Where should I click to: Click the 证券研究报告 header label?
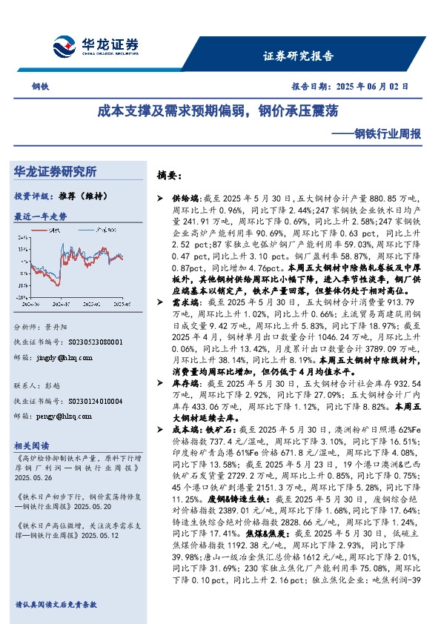click(298, 56)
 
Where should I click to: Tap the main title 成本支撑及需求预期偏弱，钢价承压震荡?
click(219, 112)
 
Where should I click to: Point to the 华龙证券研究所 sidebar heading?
click(56, 171)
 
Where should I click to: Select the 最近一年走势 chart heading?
click(40, 216)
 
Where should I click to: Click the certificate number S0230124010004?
click(84, 402)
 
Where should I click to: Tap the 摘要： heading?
click(169, 176)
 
